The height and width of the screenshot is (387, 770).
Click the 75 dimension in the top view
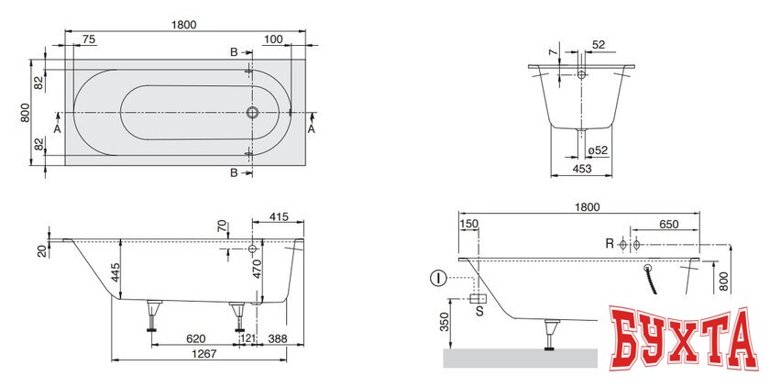(x=89, y=39)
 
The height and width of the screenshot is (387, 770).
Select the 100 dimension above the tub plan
(x=272, y=39)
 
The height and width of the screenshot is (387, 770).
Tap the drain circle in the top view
(x=252, y=114)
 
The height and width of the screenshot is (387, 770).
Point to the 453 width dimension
(x=580, y=168)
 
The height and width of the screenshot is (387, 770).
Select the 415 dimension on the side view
(x=280, y=216)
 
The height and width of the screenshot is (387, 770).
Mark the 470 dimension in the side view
(x=258, y=270)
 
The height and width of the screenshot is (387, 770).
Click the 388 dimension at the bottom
(x=278, y=338)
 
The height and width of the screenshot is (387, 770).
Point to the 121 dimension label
(x=247, y=338)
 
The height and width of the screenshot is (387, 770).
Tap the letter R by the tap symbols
(x=609, y=245)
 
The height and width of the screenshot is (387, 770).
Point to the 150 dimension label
(x=469, y=224)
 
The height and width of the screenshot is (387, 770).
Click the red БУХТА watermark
(x=683, y=340)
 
